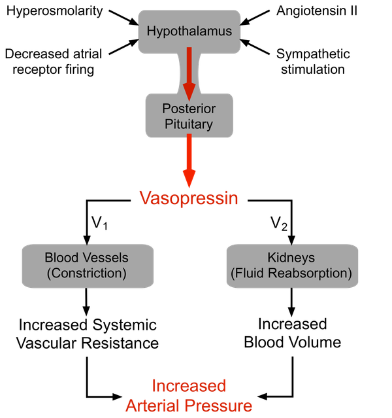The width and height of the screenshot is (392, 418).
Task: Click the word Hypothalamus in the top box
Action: [189, 31]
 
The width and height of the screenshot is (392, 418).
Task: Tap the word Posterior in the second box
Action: [189, 107]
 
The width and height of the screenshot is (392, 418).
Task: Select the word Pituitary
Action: [189, 124]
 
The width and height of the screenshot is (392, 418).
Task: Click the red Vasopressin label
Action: [189, 198]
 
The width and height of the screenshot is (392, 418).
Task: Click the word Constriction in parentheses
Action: [87, 273]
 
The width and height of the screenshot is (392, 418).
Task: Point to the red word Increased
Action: [189, 386]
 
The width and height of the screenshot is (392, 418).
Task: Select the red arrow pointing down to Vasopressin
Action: [189, 160]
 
